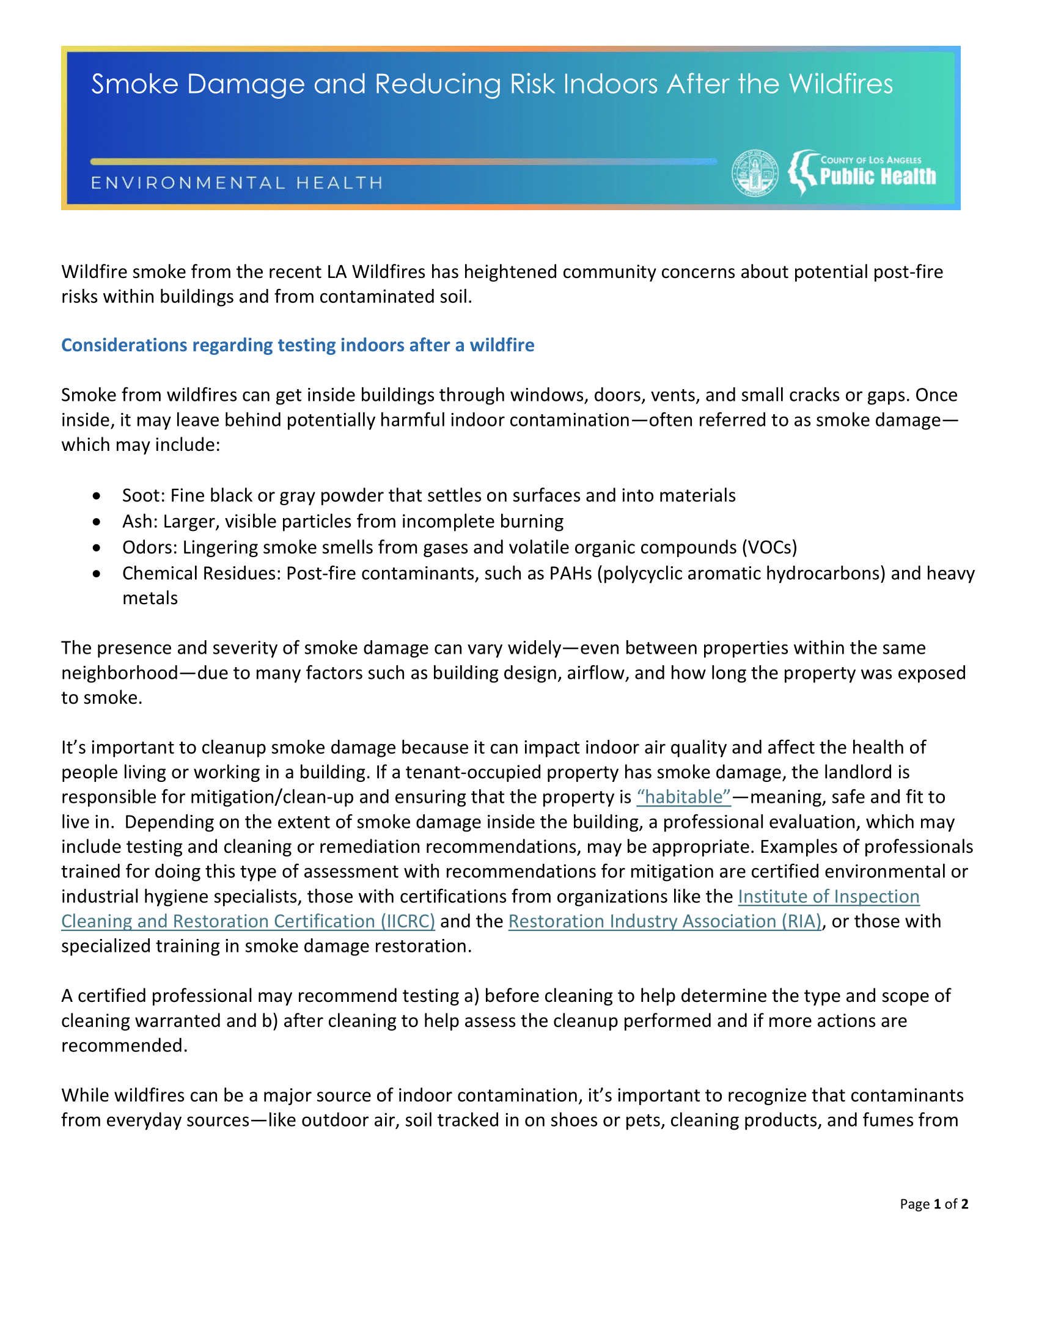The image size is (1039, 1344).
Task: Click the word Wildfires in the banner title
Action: (841, 84)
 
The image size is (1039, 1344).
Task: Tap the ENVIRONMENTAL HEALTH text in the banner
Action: (237, 183)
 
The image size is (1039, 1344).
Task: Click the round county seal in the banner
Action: (755, 173)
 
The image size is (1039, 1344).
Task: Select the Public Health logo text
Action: (877, 177)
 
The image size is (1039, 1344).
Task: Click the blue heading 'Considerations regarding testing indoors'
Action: (297, 345)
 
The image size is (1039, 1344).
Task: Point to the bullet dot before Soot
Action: (97, 495)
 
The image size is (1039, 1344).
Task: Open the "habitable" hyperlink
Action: (683, 797)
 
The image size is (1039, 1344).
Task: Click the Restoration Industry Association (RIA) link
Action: (665, 921)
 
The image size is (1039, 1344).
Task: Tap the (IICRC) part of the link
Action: (408, 921)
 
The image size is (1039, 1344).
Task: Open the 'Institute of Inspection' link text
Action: (829, 897)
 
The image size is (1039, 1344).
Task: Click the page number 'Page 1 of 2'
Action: (934, 1203)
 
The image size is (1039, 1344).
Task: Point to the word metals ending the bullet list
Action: (150, 598)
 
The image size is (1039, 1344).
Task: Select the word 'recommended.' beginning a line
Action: (123, 1045)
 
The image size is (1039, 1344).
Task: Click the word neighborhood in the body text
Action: (119, 673)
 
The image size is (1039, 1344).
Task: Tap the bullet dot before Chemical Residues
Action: (97, 573)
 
